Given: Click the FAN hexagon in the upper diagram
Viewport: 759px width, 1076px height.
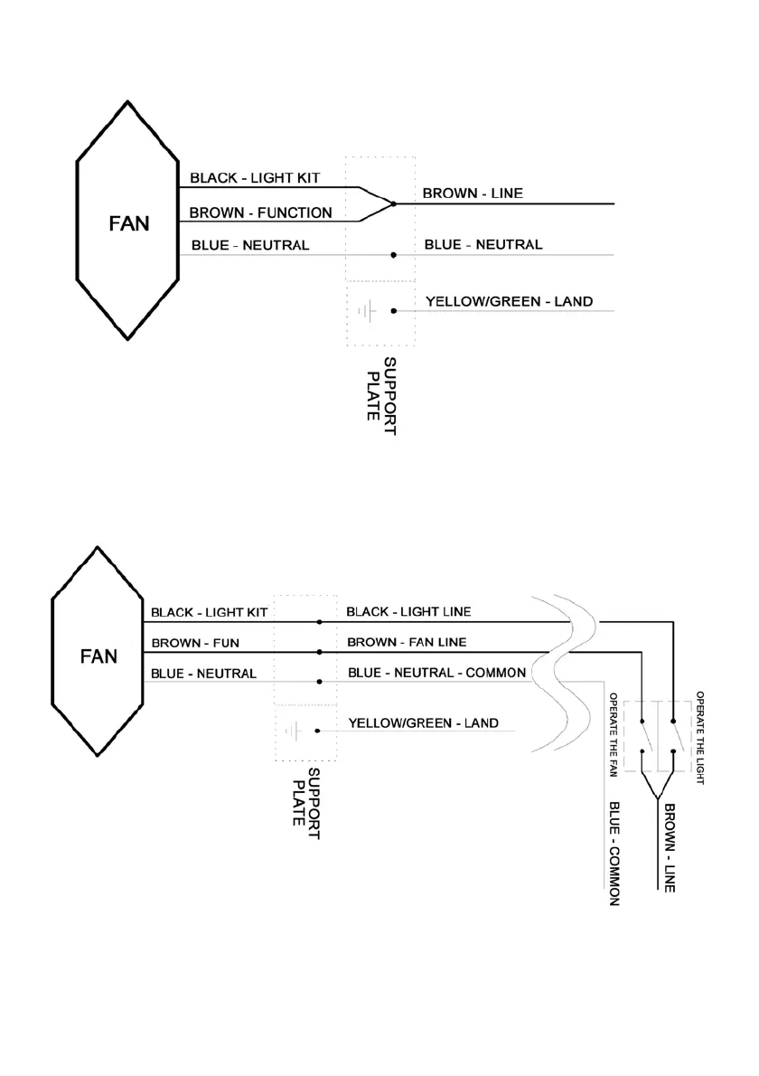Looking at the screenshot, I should click(127, 222).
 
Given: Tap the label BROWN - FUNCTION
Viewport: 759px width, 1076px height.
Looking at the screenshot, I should click(260, 214).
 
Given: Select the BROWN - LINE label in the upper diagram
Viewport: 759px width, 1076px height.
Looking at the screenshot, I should click(473, 193).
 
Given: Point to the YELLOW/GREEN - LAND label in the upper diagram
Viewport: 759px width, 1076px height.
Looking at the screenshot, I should click(509, 301).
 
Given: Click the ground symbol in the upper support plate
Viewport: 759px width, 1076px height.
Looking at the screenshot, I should click(366, 311).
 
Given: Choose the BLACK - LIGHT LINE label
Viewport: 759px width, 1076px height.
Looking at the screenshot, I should click(408, 612).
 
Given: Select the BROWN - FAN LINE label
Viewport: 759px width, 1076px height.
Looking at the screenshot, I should click(407, 643).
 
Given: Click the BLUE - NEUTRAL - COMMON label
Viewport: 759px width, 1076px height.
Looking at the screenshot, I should click(436, 674).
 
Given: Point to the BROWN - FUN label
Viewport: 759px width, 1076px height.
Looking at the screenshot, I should click(188, 644).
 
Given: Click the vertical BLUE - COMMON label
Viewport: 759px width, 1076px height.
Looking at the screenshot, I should click(614, 853).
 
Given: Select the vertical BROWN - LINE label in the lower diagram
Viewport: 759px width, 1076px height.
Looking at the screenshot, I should click(670, 846).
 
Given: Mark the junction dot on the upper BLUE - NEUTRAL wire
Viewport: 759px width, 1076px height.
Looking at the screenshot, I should click(393, 255).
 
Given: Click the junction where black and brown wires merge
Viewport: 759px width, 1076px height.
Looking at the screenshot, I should click(393, 203).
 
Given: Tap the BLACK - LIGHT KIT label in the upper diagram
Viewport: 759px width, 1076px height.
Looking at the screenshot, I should click(255, 178).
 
